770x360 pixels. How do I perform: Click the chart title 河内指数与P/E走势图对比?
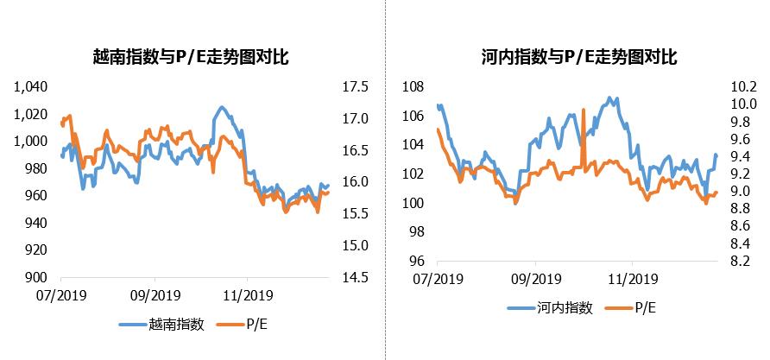click(578, 58)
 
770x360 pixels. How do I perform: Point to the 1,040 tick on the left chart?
click(34, 87)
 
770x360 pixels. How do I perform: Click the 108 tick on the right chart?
click(413, 87)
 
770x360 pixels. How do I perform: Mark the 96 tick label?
click(415, 262)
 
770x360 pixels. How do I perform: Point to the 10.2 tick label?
click(743, 87)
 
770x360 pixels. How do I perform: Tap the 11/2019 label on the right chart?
click(632, 279)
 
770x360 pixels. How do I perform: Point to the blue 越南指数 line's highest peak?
click(222, 107)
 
